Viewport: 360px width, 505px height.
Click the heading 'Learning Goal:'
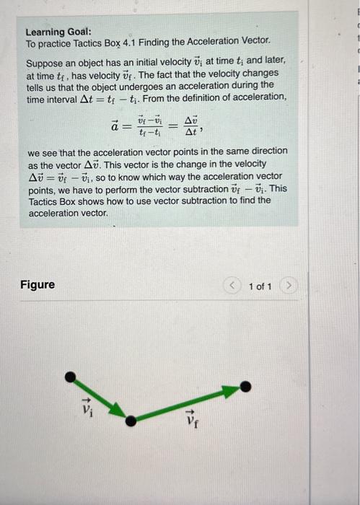[x=58, y=32]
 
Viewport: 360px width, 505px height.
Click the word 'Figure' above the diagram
[x=38, y=285]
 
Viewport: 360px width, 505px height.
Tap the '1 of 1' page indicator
[x=260, y=287]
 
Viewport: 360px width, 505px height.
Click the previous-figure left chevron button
[x=232, y=287]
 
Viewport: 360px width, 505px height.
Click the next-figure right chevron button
[x=287, y=287]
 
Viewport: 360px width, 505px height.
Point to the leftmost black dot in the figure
[x=69, y=377]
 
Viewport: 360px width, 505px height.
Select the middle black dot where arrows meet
[x=131, y=420]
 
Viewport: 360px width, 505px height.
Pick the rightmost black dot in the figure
[x=246, y=387]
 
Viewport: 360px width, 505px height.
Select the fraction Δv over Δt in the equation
[x=191, y=126]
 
